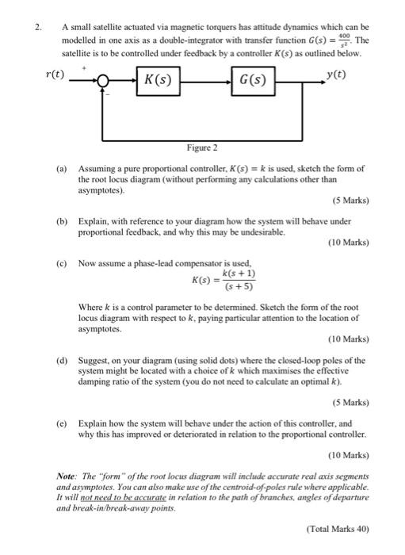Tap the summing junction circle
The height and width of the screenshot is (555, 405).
(103, 80)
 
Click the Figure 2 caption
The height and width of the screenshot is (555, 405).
(202, 148)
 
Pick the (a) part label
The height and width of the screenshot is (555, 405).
(61, 168)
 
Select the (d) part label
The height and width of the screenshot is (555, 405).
(61, 359)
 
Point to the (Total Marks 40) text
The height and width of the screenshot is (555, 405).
(337, 526)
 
